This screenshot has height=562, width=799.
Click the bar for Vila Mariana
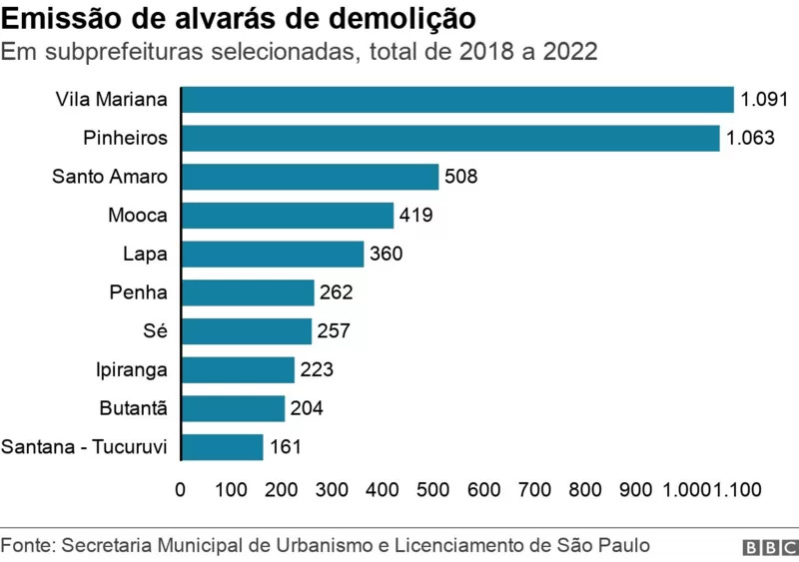[457, 100]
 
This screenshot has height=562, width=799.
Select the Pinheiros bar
[450, 138]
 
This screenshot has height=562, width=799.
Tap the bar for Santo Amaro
[310, 177]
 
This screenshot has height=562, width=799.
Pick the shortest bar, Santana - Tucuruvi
[222, 447]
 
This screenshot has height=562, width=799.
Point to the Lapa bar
[273, 254]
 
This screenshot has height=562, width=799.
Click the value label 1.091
[765, 100]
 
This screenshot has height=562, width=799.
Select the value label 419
[415, 216]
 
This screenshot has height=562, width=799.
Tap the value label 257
[334, 331]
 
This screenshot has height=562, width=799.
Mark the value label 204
[307, 408]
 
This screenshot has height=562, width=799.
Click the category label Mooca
[138, 216]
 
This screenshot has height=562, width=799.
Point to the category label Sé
[156, 331]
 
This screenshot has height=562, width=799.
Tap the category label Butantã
[134, 408]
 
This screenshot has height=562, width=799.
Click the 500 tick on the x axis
[433, 489]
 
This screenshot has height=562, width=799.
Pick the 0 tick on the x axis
[180, 489]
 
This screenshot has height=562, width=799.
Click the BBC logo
[768, 548]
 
